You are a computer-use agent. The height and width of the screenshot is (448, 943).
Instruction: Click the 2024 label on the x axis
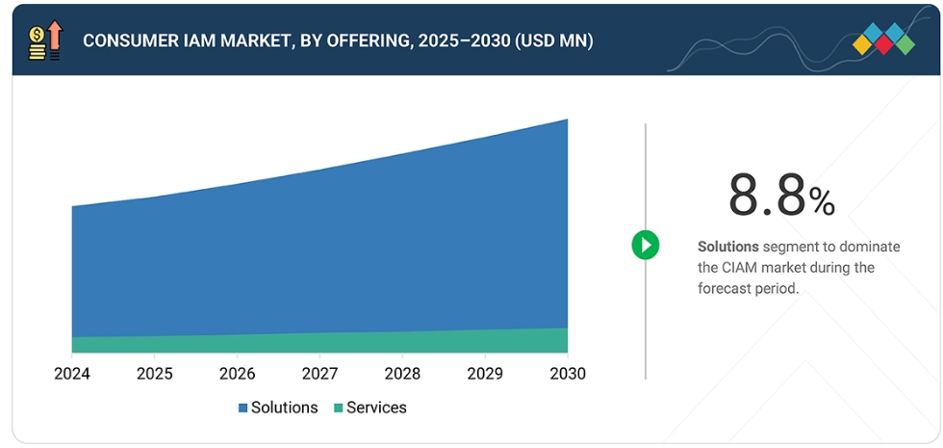point(71,373)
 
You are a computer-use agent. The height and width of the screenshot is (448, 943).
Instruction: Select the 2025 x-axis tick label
point(154,373)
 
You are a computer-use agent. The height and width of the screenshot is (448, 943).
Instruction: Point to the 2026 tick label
point(237,373)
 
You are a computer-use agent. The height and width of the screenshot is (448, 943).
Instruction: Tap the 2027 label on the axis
point(319,373)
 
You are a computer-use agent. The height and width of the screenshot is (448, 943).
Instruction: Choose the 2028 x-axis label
point(402,373)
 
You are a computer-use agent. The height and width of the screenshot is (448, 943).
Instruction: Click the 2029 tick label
point(485,373)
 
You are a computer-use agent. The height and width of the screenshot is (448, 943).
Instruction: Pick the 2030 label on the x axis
point(567,373)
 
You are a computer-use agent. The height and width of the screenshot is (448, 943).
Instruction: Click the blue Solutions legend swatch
point(243,408)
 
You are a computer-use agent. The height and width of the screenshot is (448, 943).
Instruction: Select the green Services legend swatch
point(339,408)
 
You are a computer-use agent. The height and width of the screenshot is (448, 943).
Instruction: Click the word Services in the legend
point(376,408)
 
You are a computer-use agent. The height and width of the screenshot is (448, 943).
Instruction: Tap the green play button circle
point(646,245)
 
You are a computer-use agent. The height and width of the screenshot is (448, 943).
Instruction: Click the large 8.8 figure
point(766,196)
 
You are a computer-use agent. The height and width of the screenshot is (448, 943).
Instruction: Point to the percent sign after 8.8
point(822,201)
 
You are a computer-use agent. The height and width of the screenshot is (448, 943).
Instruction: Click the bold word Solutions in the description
point(728,247)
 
